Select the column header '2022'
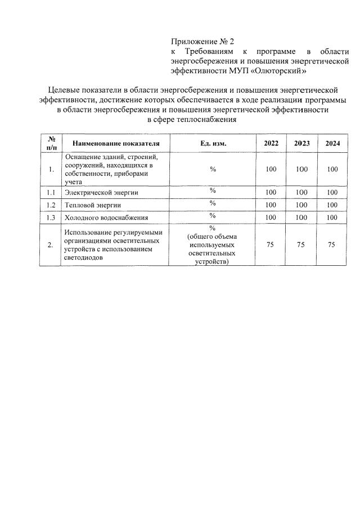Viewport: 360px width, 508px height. click(x=271, y=143)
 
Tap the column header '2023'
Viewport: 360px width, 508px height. click(x=301, y=143)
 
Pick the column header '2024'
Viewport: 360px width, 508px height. click(x=332, y=143)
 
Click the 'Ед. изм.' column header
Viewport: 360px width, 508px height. click(x=213, y=143)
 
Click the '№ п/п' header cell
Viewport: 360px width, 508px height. click(x=51, y=143)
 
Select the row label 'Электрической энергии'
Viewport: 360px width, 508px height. click(x=101, y=193)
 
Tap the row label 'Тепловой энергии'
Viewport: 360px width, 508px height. click(x=93, y=205)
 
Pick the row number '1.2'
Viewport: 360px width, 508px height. click(x=51, y=205)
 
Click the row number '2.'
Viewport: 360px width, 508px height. click(x=51, y=244)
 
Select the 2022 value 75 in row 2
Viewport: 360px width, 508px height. click(x=271, y=244)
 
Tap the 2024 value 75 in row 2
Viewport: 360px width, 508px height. click(x=332, y=244)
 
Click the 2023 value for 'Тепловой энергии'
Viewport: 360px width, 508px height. click(x=301, y=205)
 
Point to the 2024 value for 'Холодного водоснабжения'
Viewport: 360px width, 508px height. click(x=332, y=217)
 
